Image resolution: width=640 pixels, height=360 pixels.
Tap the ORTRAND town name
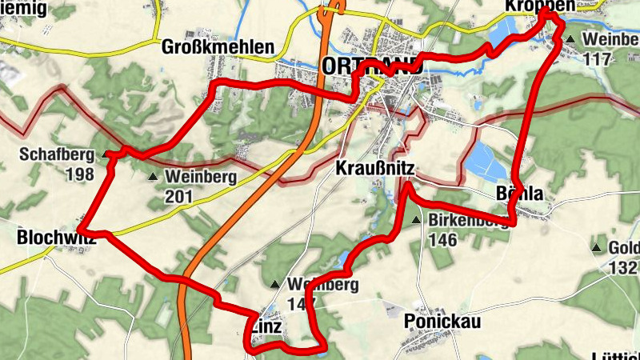click(371, 66)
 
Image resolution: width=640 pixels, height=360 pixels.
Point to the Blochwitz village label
click(56, 238)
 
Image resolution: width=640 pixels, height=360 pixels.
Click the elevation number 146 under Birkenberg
click(442, 239)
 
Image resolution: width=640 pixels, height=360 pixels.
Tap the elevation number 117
click(597, 58)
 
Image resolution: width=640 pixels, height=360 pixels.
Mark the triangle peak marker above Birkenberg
click(416, 219)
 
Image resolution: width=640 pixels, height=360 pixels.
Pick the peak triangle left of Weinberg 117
click(570, 38)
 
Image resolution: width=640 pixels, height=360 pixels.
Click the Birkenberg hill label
click(469, 221)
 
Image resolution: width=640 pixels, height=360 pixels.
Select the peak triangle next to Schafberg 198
click(107, 154)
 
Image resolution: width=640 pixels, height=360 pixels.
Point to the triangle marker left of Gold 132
click(596, 248)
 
